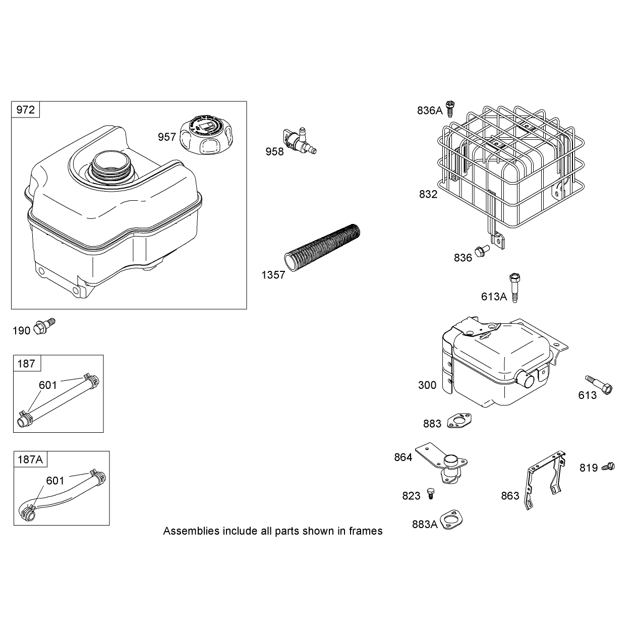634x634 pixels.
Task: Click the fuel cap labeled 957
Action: [208, 134]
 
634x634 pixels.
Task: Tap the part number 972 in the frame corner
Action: [25, 109]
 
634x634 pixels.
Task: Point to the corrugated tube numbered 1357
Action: [322, 248]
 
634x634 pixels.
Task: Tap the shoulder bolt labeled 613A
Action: [514, 287]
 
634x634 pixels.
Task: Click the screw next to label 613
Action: [599, 384]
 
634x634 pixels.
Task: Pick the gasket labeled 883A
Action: [451, 520]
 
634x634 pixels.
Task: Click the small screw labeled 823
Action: [430, 493]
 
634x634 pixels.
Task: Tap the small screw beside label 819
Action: [608, 466]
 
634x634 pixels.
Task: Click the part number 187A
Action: [30, 459]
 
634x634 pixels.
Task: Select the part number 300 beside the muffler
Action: [427, 385]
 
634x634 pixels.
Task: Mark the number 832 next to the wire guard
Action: [428, 194]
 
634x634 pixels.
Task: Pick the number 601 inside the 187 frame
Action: [48, 385]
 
